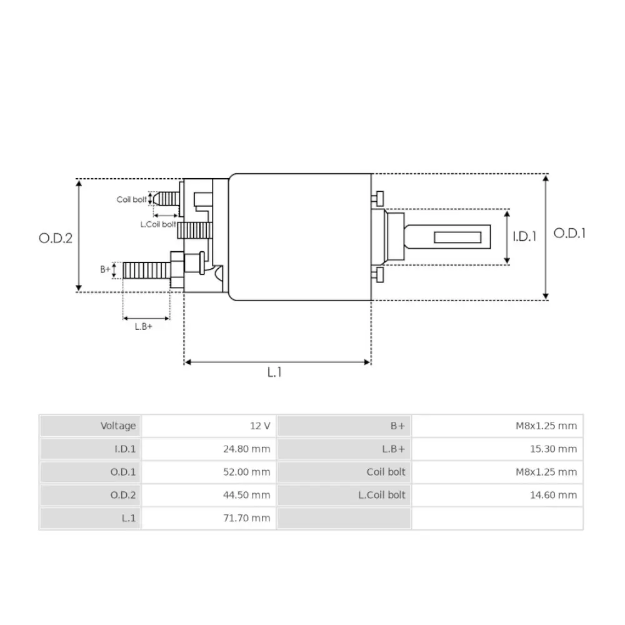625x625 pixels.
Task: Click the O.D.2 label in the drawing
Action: (x=56, y=238)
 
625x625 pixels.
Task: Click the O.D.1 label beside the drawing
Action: (x=569, y=233)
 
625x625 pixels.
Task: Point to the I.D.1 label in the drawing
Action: (x=524, y=236)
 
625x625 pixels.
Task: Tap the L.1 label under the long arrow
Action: (x=274, y=372)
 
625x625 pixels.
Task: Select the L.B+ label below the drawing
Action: (x=144, y=327)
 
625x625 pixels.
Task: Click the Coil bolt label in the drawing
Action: (x=131, y=199)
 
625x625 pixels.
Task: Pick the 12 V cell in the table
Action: (x=260, y=426)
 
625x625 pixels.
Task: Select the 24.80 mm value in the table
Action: (x=247, y=449)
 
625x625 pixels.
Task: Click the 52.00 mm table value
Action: (x=247, y=472)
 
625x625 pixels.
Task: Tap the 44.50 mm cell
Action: (x=247, y=495)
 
